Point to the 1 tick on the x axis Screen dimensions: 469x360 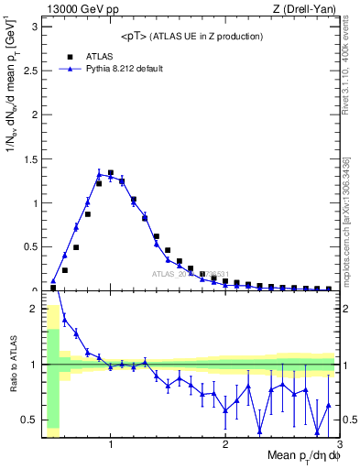[x=111, y=444]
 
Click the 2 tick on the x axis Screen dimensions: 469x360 [x=225, y=444]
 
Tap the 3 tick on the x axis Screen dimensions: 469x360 [x=339, y=444]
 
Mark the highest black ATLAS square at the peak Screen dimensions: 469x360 [x=111, y=172]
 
